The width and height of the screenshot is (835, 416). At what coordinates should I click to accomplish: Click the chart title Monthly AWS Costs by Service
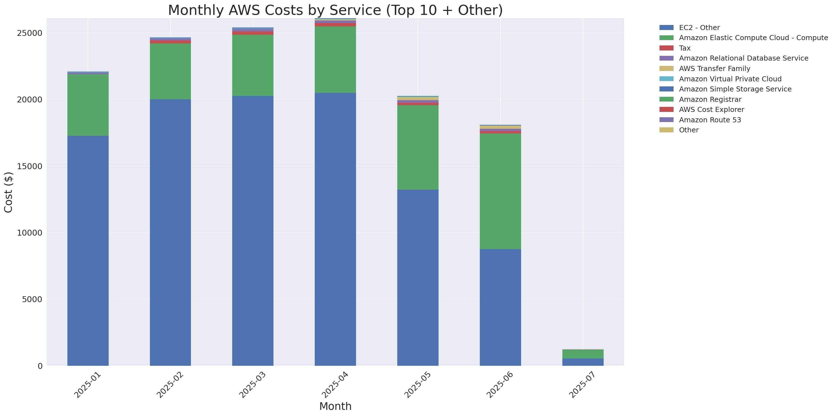click(x=335, y=10)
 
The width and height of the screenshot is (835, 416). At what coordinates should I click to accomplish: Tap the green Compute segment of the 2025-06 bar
click(x=500, y=191)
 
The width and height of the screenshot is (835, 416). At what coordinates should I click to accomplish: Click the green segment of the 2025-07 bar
click(x=583, y=354)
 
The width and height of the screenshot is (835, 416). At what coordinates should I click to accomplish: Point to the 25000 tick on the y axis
click(x=30, y=33)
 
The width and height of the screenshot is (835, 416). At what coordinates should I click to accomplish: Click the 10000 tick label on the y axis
click(x=30, y=233)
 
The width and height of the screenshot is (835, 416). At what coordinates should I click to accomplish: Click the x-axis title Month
click(x=335, y=406)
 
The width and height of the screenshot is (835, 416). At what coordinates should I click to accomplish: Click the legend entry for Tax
click(x=685, y=48)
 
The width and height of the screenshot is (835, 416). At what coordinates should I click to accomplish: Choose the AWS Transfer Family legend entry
click(x=715, y=69)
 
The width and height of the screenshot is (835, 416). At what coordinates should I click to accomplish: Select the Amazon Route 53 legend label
click(x=710, y=120)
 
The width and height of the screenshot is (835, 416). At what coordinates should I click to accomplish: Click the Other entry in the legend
click(x=688, y=130)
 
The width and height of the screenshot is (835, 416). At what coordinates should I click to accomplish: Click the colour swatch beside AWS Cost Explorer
click(x=667, y=110)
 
